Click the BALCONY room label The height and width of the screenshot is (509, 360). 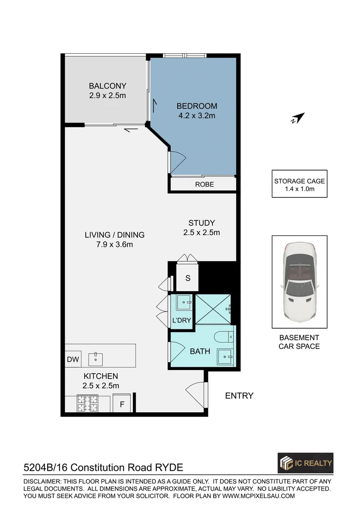(x=107, y=86)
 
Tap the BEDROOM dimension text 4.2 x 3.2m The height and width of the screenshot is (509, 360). (x=196, y=115)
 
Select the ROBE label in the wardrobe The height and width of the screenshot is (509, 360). (x=204, y=184)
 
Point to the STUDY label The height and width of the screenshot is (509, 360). (x=202, y=223)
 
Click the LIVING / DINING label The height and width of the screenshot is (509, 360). (x=115, y=235)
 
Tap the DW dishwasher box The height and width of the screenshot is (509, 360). (x=73, y=360)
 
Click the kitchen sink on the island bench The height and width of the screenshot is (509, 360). (x=96, y=357)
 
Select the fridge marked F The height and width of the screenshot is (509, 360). (x=122, y=404)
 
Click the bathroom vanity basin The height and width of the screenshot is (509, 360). (x=225, y=357)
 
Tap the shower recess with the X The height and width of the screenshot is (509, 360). (x=213, y=309)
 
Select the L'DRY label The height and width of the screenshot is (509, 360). (x=181, y=320)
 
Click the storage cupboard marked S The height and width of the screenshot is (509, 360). (x=188, y=278)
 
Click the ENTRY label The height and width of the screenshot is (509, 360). (x=239, y=395)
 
